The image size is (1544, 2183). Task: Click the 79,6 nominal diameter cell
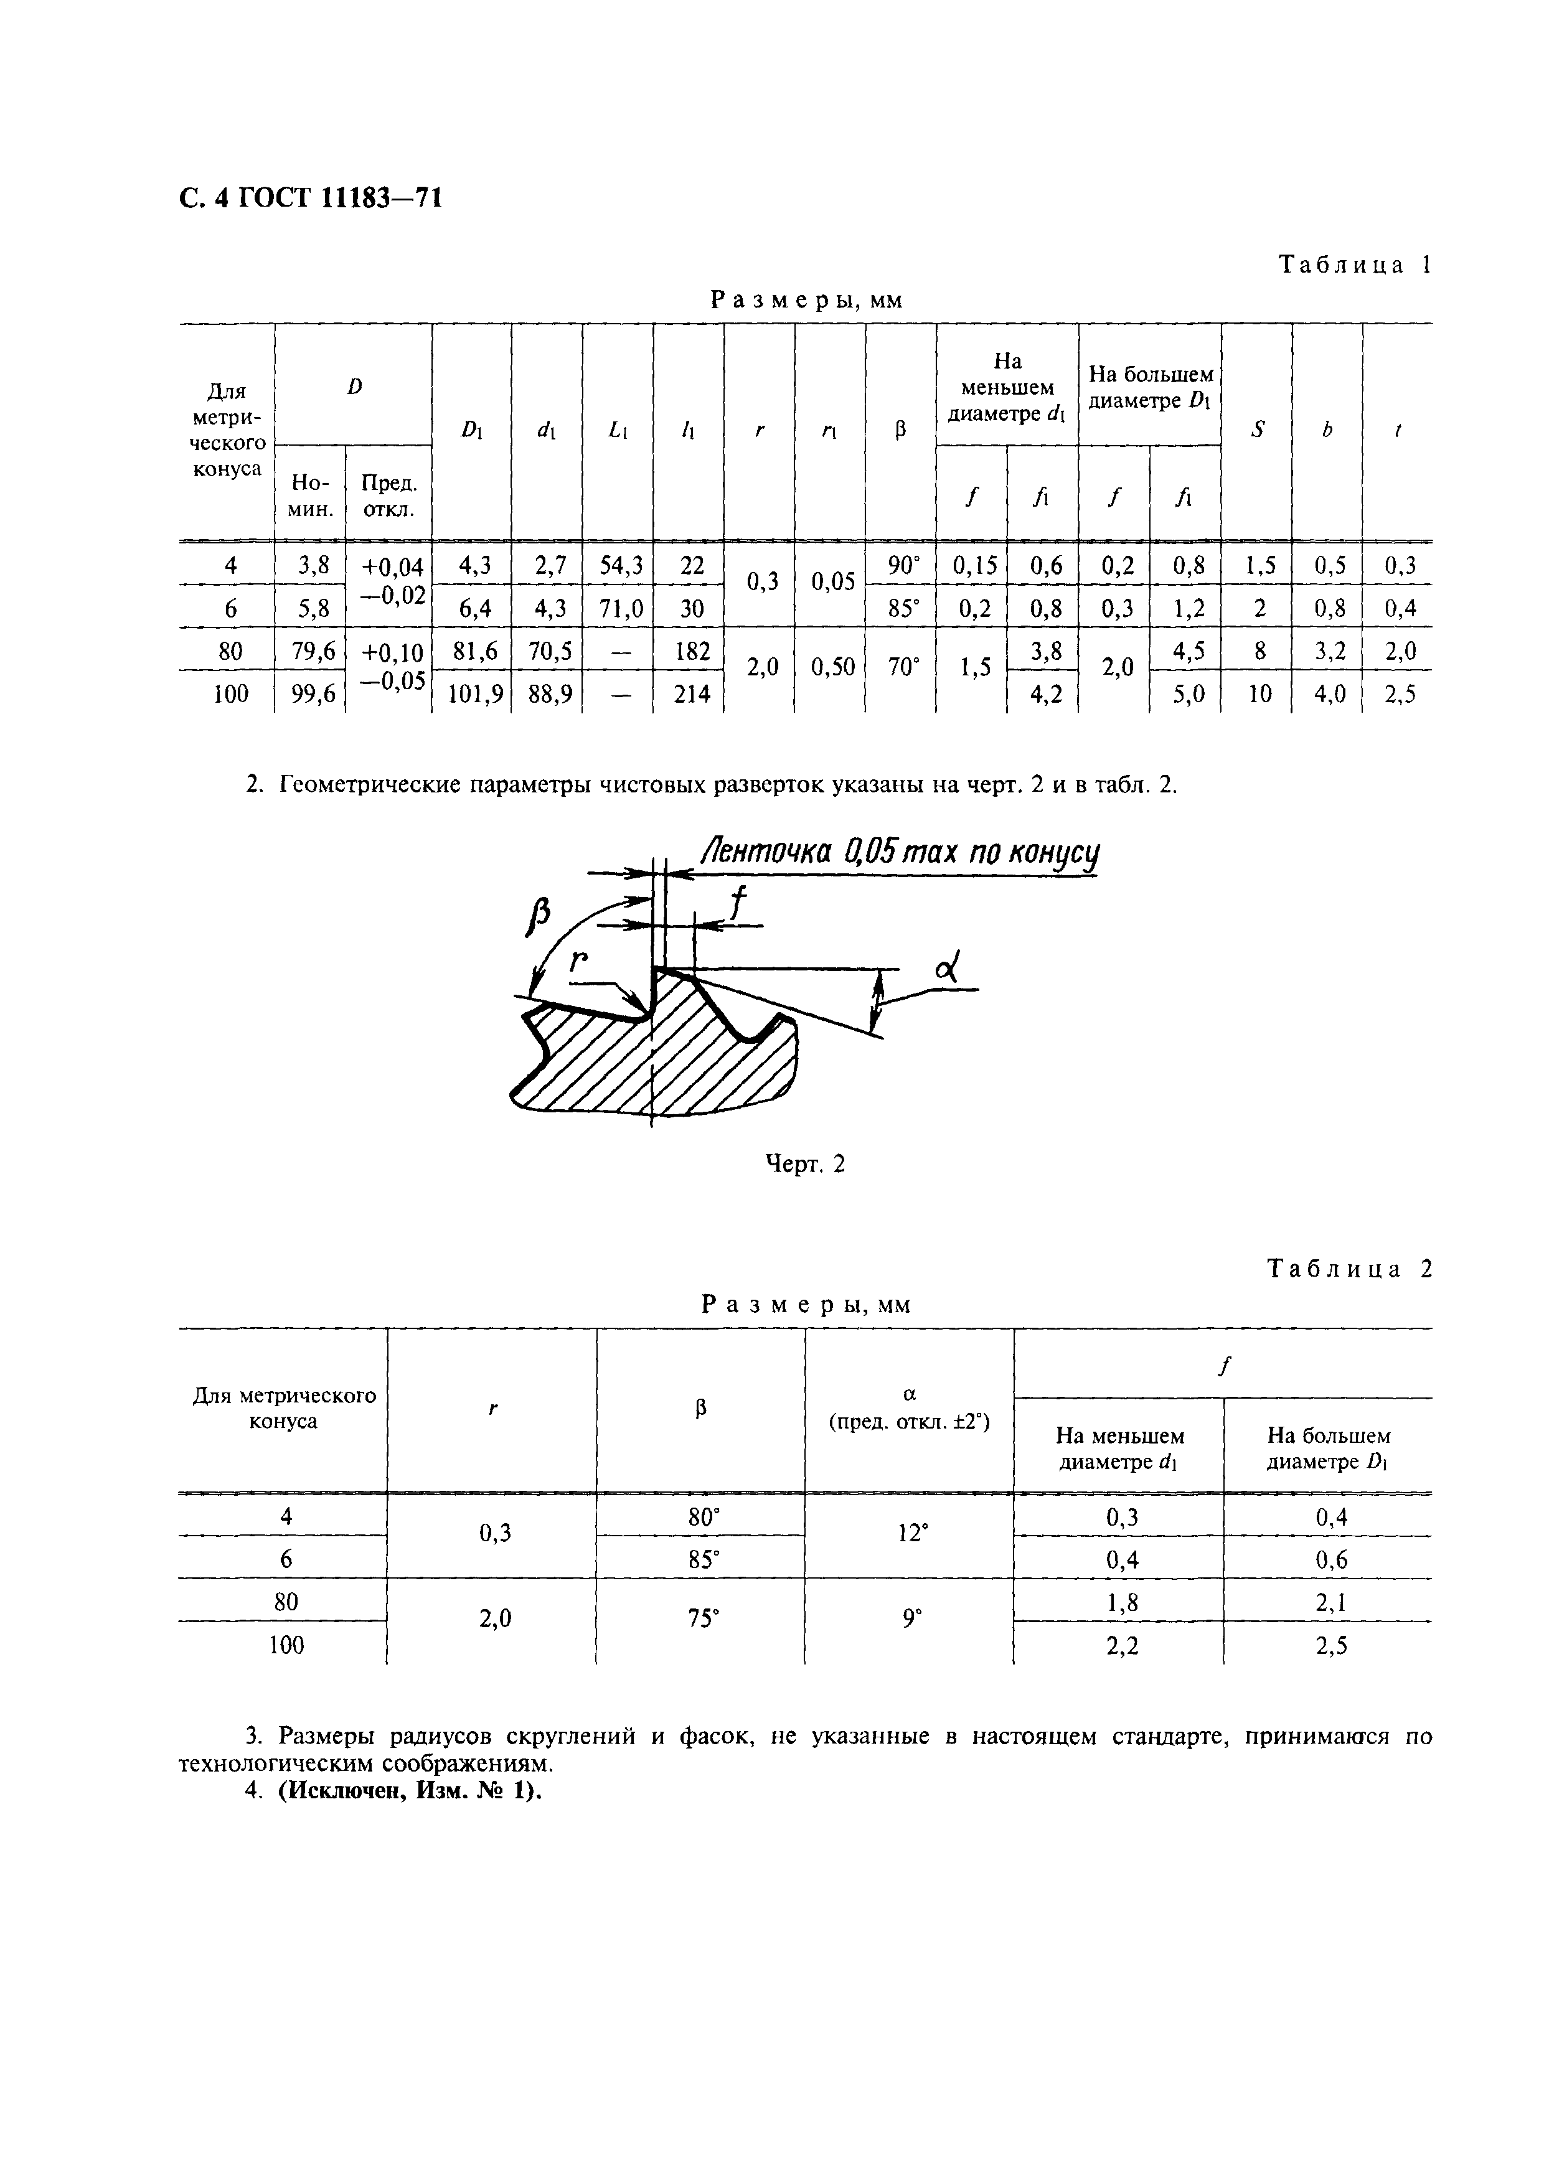point(310,651)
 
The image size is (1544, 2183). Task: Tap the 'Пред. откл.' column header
point(390,495)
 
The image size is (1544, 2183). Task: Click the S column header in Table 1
point(1258,431)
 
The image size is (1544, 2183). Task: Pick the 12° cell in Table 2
point(911,1534)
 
